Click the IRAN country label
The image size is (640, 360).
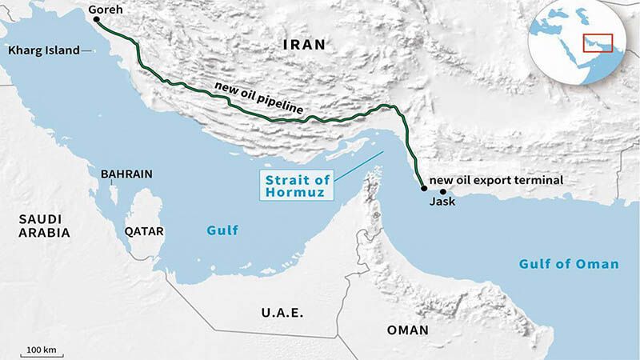(305, 46)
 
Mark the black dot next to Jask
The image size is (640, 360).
(442, 192)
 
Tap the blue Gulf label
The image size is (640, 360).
(222, 231)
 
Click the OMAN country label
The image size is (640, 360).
(407, 330)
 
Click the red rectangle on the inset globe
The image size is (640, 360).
(597, 42)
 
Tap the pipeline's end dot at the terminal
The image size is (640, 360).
(423, 189)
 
